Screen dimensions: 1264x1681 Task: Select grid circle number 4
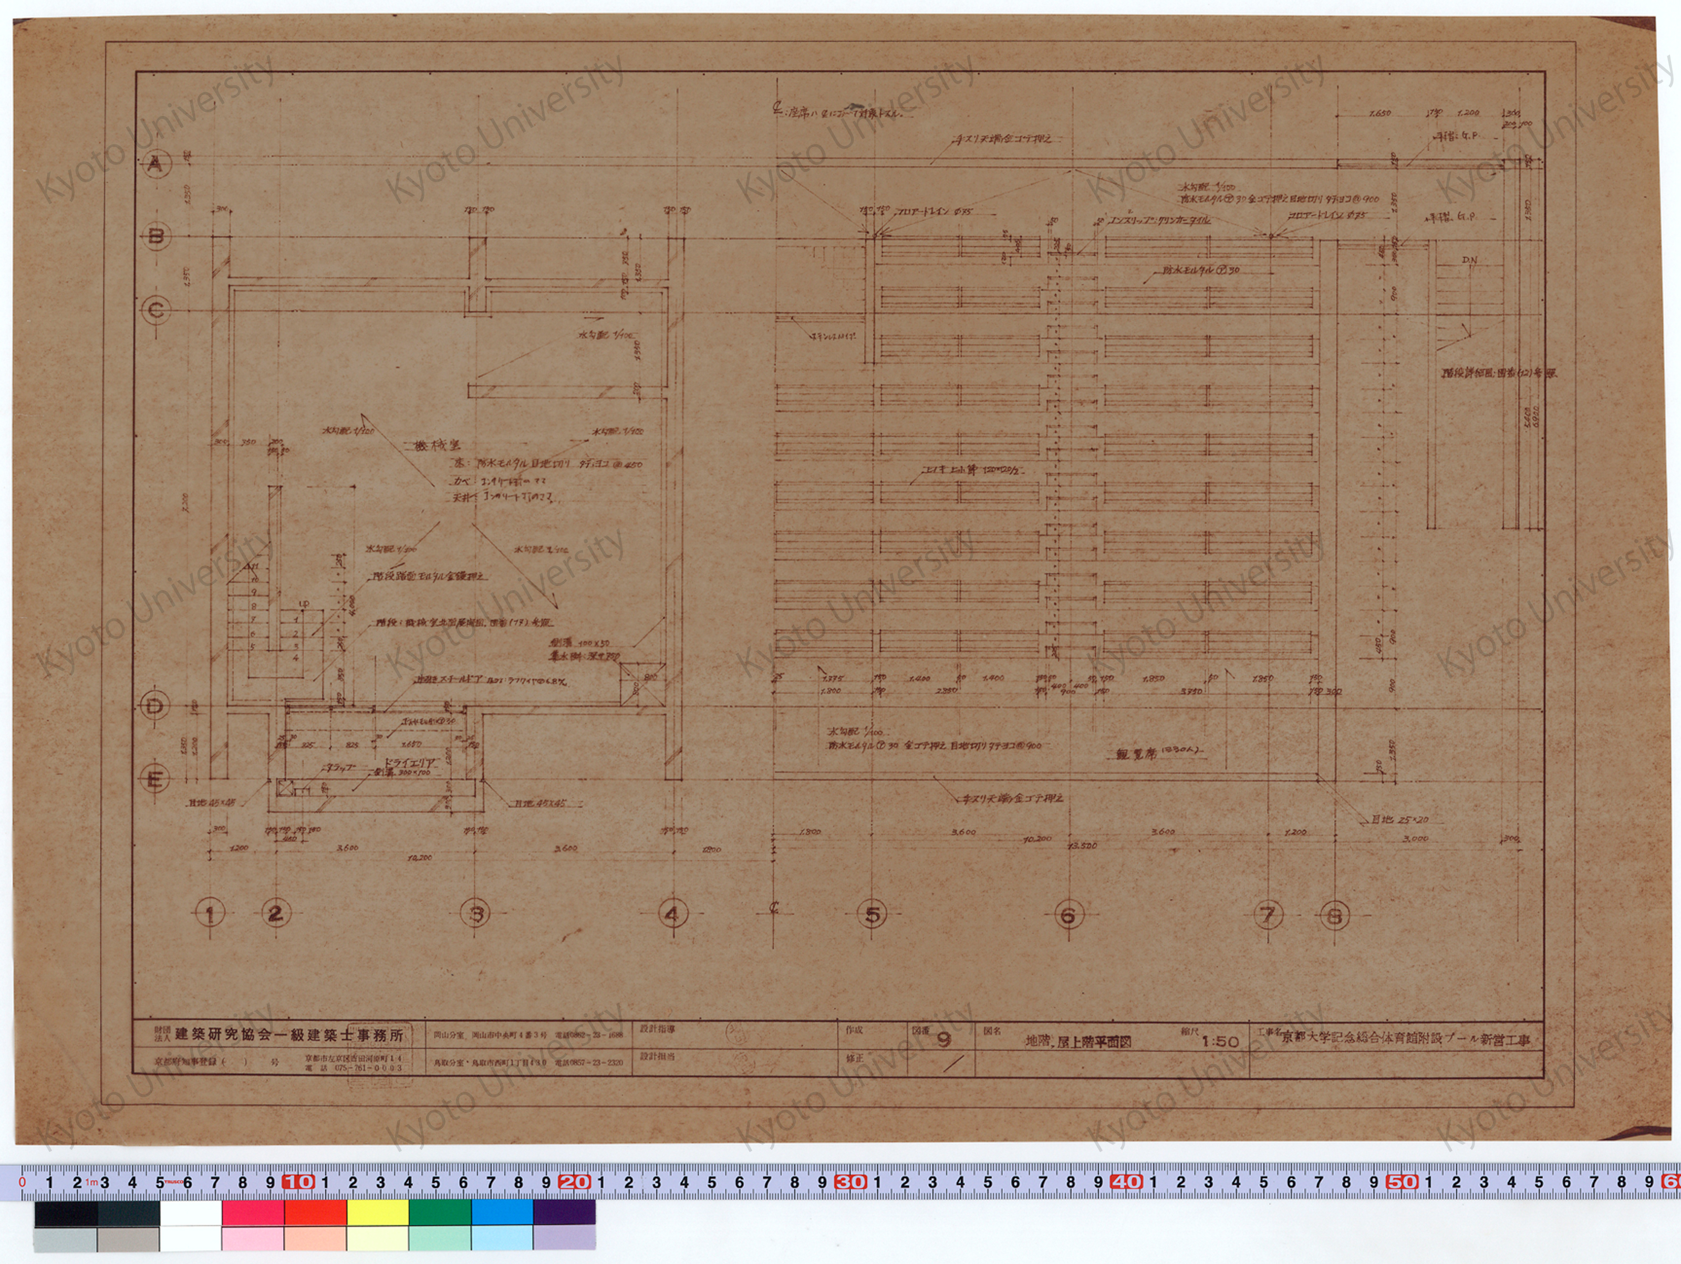672,914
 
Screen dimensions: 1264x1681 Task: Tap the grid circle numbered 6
1068,915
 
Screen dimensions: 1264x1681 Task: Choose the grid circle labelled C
156,310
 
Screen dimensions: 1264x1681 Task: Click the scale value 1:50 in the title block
1220,1041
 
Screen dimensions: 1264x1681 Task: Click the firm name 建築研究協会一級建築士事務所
289,1035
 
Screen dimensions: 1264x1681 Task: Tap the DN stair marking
1469,260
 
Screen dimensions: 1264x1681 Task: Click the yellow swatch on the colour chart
378,1213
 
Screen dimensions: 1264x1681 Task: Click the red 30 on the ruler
849,1182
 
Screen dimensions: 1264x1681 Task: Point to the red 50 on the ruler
1400,1182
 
